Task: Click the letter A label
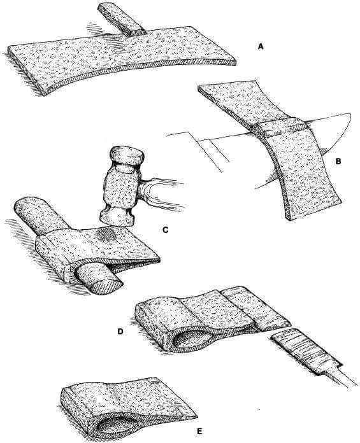click(x=261, y=46)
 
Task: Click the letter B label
click(x=338, y=161)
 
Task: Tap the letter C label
click(x=166, y=230)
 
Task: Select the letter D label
click(x=120, y=332)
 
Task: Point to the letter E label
click(x=200, y=431)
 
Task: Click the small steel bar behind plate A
click(x=122, y=19)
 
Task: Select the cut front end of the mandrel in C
click(x=105, y=285)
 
